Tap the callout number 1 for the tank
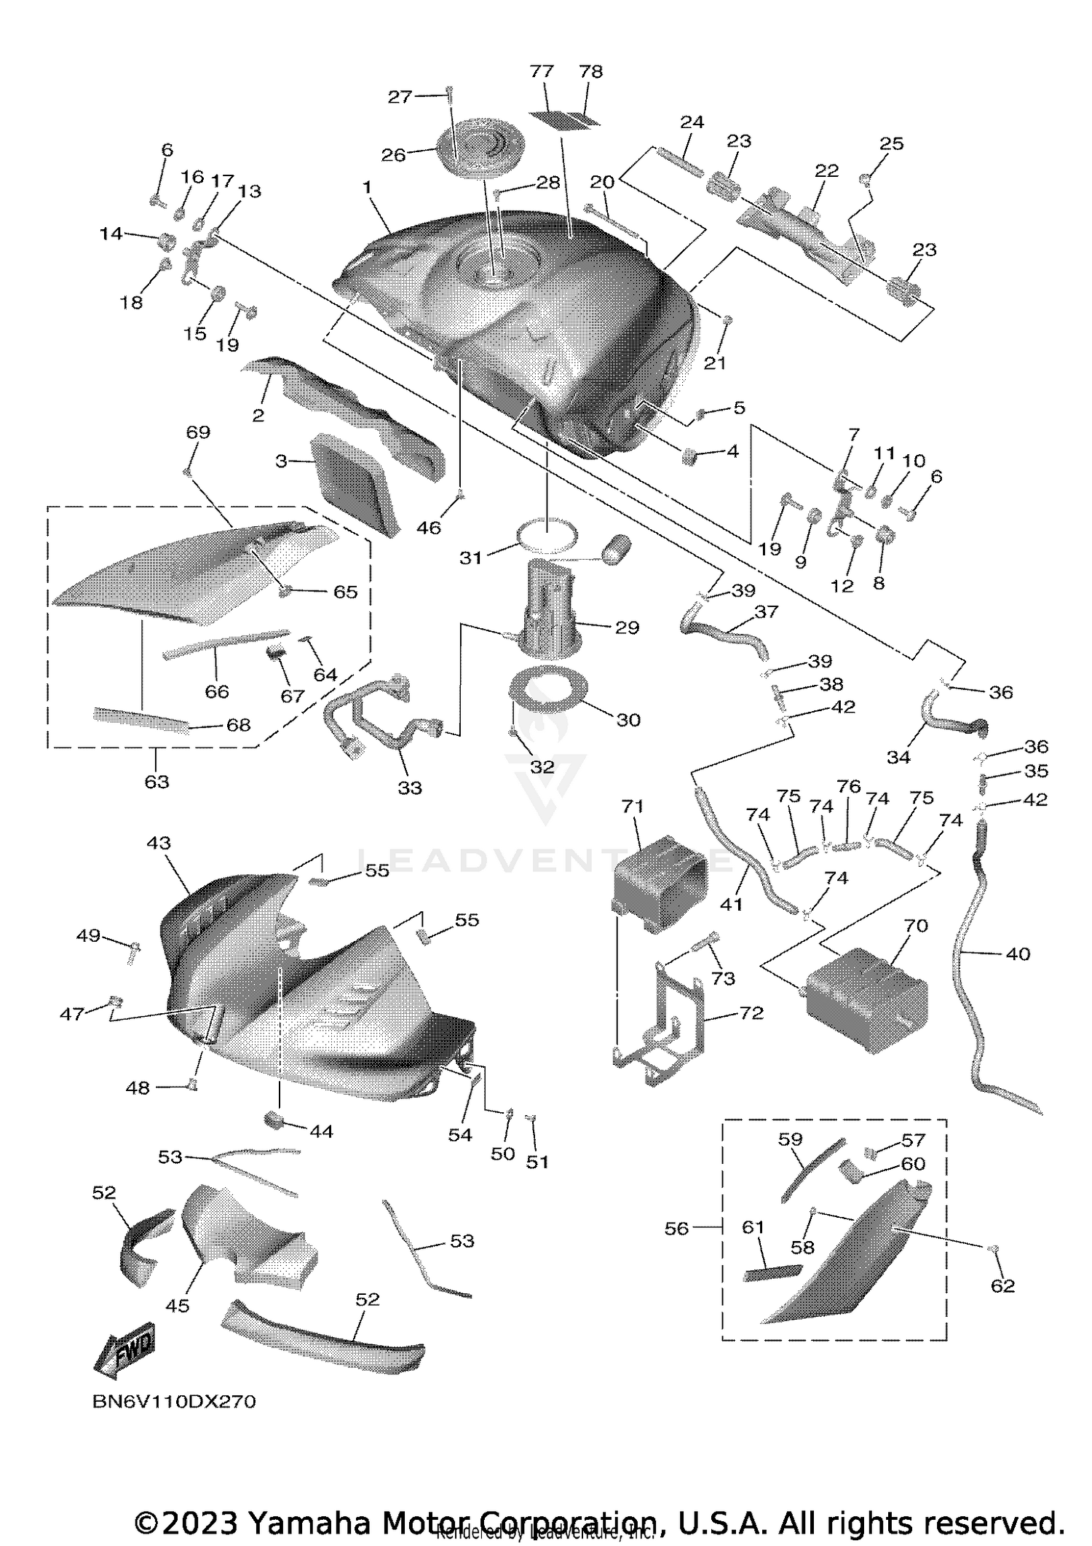tap(368, 188)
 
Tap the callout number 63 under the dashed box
tap(157, 782)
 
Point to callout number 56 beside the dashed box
tap(676, 1229)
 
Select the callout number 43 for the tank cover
tap(159, 843)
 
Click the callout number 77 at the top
tap(542, 71)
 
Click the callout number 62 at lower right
tap(1002, 1286)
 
